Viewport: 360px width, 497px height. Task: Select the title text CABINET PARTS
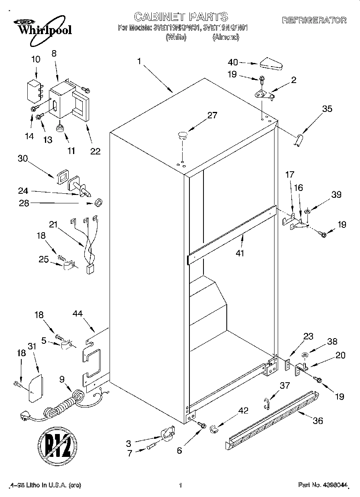click(181, 16)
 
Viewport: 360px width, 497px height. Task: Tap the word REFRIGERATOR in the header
click(314, 20)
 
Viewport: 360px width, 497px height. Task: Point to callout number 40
click(233, 62)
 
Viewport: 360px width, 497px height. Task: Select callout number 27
click(212, 116)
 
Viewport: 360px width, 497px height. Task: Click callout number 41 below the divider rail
click(240, 253)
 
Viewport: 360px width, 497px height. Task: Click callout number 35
click(327, 109)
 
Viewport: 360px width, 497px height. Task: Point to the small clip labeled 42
click(214, 428)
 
